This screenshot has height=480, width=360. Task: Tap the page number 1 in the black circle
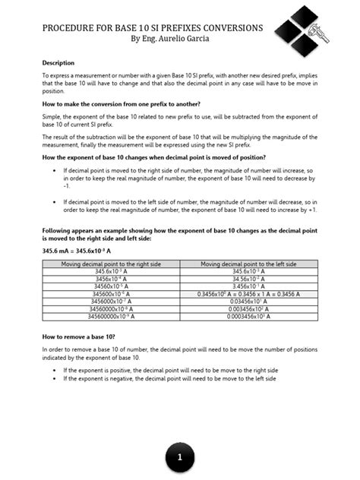click(179, 457)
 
